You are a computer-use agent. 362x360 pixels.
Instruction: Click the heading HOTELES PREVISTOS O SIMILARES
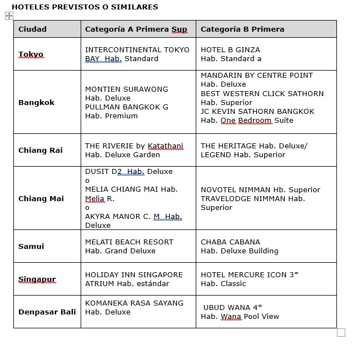click(x=85, y=7)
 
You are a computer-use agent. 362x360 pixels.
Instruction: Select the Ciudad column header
click(x=32, y=29)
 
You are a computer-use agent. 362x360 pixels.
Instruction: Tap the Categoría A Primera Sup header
click(x=136, y=29)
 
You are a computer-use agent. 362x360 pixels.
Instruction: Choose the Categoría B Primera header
click(x=242, y=29)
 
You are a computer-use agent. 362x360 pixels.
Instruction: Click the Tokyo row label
click(x=31, y=54)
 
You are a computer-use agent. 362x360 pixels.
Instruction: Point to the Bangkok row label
click(x=36, y=102)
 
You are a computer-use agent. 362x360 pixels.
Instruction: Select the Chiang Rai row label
click(x=40, y=150)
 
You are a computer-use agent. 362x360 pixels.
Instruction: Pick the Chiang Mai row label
click(x=41, y=198)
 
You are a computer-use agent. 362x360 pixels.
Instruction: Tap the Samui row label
click(x=31, y=246)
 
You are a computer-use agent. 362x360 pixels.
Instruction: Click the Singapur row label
click(x=37, y=279)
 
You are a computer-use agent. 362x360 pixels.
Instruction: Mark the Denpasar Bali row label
click(x=47, y=312)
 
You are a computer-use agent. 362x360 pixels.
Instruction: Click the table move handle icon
click(x=9, y=16)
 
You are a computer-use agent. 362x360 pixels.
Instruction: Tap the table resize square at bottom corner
click(x=341, y=332)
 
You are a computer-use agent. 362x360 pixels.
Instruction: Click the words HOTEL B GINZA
click(x=230, y=49)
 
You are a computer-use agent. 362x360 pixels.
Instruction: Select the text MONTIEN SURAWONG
click(x=126, y=89)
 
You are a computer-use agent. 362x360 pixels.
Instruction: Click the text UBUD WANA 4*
click(x=232, y=307)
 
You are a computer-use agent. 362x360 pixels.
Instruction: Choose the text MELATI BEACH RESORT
click(x=129, y=242)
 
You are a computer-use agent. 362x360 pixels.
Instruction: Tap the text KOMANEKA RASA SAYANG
click(x=134, y=303)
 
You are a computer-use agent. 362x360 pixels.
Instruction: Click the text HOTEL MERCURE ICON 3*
click(x=250, y=274)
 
